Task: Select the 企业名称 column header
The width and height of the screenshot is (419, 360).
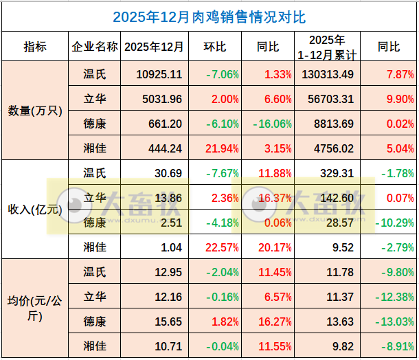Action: pyautogui.click(x=94, y=47)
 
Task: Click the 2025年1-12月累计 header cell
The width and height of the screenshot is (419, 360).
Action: pyautogui.click(x=327, y=47)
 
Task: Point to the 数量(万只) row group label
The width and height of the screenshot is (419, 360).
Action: pyautogui.click(x=34, y=111)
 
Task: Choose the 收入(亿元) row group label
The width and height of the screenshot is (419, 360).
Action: pyautogui.click(x=34, y=209)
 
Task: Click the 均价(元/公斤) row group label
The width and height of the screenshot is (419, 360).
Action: pyautogui.click(x=34, y=308)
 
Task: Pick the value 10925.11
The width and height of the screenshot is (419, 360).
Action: pyautogui.click(x=159, y=74)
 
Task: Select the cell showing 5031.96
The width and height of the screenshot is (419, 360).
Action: pyautogui.click(x=159, y=99)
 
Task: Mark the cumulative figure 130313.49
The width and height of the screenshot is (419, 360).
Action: pyautogui.click(x=327, y=74)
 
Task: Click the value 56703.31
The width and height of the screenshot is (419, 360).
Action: pyautogui.click(x=327, y=99)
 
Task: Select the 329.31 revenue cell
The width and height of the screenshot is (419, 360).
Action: pyautogui.click(x=327, y=173)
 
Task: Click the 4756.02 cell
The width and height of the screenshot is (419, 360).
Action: pyautogui.click(x=327, y=148)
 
